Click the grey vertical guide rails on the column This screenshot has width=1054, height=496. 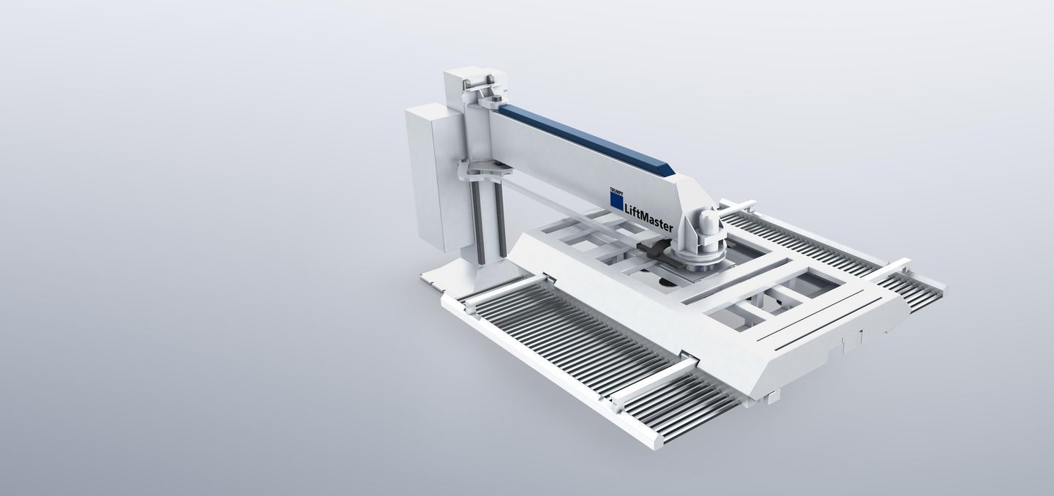490,223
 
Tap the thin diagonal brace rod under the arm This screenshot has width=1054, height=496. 556,209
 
